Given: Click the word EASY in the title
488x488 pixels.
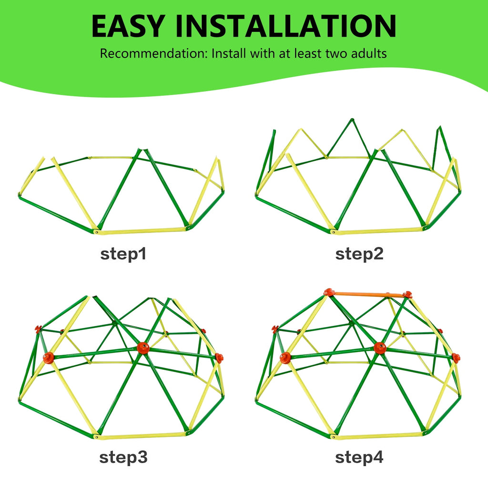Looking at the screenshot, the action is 128,26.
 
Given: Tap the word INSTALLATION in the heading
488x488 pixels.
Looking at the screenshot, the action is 286,26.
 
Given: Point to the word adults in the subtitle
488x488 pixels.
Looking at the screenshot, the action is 369,53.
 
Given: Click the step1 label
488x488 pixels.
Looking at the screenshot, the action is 123,254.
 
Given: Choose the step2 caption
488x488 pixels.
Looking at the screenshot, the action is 359,254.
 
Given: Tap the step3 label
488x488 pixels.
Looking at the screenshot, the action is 123,457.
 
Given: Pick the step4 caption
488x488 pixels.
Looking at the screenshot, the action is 359,457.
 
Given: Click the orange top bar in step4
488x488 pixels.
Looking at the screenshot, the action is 368,294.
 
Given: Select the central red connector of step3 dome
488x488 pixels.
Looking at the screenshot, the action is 143,347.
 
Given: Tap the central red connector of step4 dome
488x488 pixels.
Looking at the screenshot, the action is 380,347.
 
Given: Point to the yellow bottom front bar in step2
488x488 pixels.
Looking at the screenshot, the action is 377,231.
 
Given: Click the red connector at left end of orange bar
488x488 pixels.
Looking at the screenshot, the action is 329,292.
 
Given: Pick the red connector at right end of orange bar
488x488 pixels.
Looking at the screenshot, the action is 407,295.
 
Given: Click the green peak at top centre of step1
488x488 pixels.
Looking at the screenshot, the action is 141,151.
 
